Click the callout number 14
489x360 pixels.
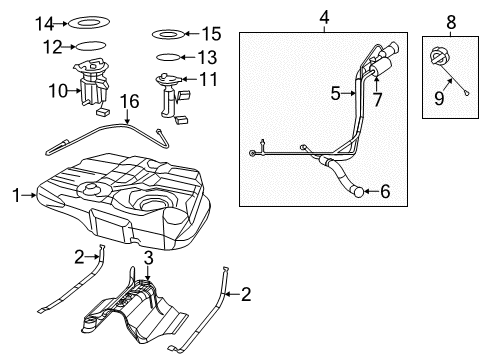click(x=43, y=22)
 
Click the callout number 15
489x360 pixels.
click(x=211, y=33)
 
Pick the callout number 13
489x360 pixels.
click(x=207, y=57)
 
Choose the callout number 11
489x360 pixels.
click(x=208, y=77)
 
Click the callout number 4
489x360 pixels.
click(x=324, y=16)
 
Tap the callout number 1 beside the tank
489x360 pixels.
click(x=15, y=195)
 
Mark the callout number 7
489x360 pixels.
click(x=378, y=100)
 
